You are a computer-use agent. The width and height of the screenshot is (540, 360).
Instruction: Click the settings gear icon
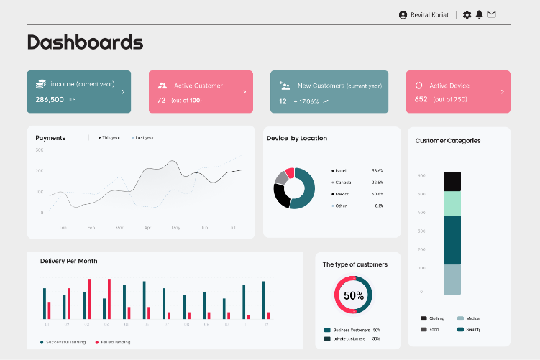[467, 14]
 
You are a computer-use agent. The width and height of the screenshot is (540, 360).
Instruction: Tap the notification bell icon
[480, 14]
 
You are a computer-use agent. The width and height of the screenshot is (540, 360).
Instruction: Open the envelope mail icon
[492, 14]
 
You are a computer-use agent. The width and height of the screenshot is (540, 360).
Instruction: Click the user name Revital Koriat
[430, 14]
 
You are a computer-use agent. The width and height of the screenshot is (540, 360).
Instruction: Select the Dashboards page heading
[85, 42]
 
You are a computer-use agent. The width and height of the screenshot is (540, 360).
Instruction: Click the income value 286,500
[50, 100]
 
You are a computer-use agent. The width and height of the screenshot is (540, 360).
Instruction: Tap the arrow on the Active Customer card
[244, 92]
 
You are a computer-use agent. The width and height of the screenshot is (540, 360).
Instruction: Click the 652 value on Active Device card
[421, 99]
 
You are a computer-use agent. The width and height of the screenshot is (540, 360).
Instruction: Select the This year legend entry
[111, 137]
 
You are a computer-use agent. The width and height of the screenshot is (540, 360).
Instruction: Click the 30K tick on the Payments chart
[40, 150]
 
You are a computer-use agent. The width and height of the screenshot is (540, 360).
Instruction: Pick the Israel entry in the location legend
[340, 171]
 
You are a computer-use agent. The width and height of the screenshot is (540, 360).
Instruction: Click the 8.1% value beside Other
[379, 206]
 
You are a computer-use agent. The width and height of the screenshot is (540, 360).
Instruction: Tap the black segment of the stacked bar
[452, 181]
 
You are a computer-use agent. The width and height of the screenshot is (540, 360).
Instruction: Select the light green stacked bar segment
[452, 203]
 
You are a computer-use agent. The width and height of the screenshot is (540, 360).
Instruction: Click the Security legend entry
[472, 329]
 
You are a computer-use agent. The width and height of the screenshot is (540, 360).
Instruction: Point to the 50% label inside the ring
[354, 295]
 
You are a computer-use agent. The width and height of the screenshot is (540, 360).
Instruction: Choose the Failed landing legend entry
[115, 342]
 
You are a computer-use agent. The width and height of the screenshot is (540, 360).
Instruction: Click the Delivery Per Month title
[69, 261]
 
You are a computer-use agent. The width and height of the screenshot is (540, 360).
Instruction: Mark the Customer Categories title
[448, 141]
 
